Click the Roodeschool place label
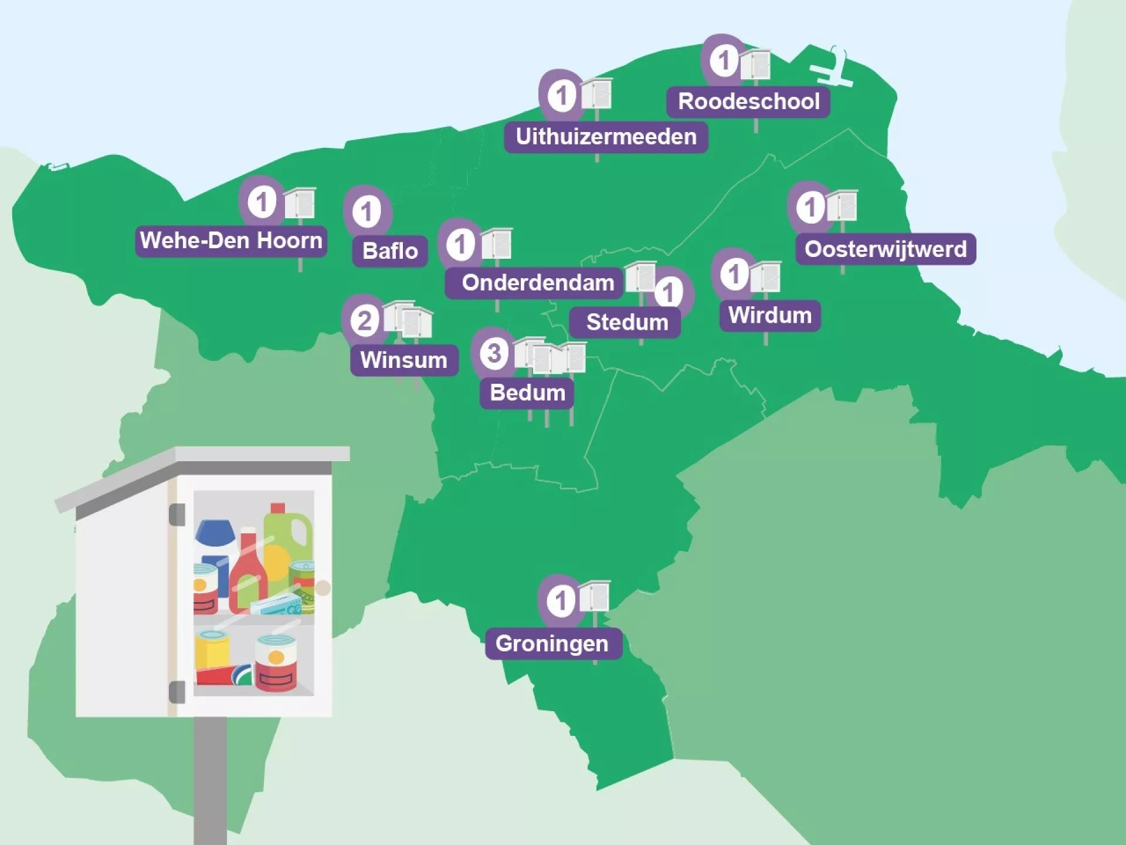(748, 102)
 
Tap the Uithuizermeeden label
(606, 137)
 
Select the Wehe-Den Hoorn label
(231, 241)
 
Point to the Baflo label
(390, 251)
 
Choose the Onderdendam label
(537, 283)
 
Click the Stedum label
(626, 322)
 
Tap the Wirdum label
(769, 316)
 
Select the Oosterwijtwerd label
(885, 249)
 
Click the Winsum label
(404, 360)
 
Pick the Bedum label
(527, 393)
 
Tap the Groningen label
(552, 644)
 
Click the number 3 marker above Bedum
(494, 353)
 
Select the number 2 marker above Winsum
(364, 321)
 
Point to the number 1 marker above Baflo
(367, 211)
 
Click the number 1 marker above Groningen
(561, 600)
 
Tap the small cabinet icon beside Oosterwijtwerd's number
(842, 206)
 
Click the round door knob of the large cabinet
(323, 587)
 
